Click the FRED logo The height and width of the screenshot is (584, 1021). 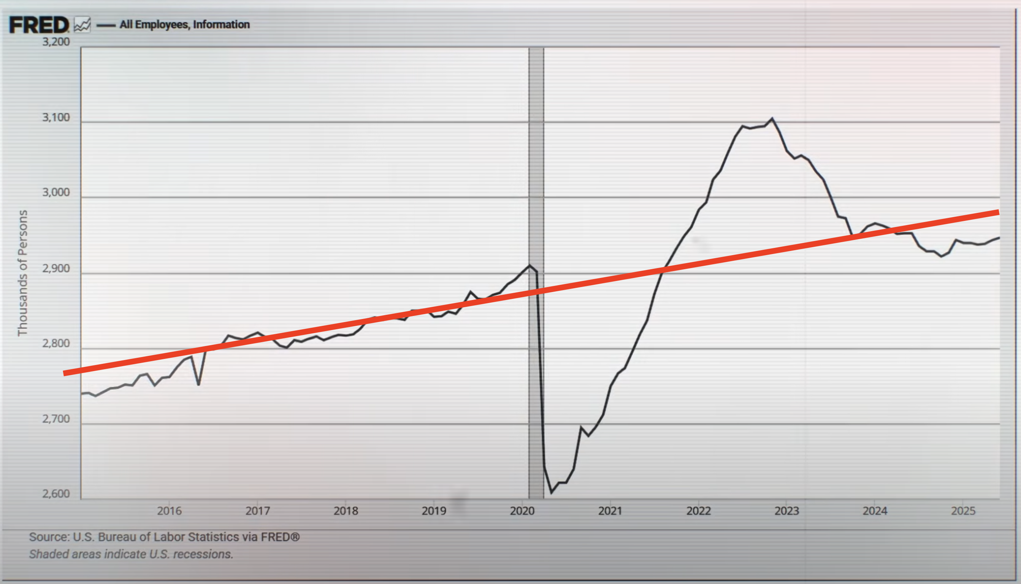pos(39,25)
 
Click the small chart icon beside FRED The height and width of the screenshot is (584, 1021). pos(82,25)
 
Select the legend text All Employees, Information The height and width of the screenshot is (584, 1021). pos(184,24)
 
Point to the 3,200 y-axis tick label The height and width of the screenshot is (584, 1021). pos(56,42)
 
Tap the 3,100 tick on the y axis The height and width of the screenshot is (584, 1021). pos(56,117)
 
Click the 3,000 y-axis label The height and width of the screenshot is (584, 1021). pos(56,192)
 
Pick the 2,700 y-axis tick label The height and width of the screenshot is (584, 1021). pos(56,419)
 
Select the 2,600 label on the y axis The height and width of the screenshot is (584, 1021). pos(56,494)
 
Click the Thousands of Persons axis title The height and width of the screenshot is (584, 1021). pos(22,273)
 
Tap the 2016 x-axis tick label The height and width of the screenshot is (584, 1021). pos(169,511)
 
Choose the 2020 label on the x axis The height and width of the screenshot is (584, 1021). pos(522,511)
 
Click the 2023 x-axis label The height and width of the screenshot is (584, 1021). pos(787,511)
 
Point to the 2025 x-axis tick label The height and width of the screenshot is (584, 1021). pos(963,511)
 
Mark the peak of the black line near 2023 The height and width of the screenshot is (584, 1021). pos(772,118)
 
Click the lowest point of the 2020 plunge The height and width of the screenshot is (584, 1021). pos(552,492)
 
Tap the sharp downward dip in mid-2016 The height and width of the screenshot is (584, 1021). pos(198,385)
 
